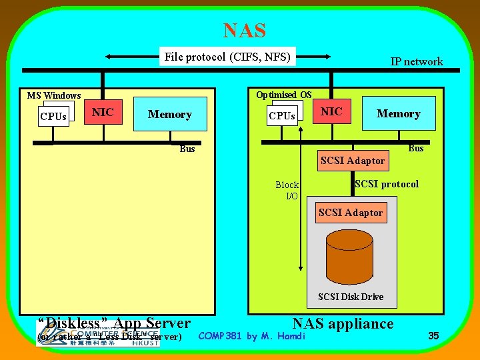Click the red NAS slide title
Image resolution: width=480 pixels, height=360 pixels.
tap(244, 31)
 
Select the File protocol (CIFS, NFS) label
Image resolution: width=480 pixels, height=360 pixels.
tap(227, 57)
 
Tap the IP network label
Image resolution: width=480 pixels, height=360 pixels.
tap(416, 61)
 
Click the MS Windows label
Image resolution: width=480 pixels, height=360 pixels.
tap(54, 95)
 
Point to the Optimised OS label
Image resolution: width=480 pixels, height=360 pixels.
tap(283, 95)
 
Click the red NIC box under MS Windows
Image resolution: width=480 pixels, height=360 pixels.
tap(103, 113)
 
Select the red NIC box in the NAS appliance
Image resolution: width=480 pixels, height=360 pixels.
tap(332, 112)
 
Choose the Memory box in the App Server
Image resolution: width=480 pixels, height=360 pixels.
tap(170, 115)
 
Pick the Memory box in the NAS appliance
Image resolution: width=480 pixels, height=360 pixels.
tap(398, 114)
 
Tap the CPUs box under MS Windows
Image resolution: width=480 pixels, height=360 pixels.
tap(53, 117)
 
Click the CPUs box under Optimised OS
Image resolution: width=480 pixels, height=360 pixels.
tap(282, 116)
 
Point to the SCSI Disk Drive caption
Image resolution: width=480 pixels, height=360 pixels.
tap(351, 297)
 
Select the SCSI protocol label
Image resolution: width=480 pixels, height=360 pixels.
tap(387, 184)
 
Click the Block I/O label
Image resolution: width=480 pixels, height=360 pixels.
tap(288, 190)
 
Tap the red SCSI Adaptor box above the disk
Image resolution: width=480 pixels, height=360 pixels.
tap(351, 213)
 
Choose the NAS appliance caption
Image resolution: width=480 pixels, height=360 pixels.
tap(343, 324)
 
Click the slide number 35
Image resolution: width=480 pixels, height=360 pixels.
tap(433, 336)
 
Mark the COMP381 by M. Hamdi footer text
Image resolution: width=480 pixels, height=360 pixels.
tap(252, 336)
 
